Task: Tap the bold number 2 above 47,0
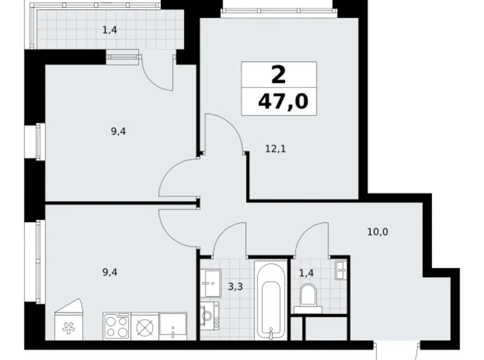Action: [279, 75]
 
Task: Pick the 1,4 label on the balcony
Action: [110, 29]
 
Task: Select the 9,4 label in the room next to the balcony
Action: [118, 131]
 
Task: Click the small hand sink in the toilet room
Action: [340, 269]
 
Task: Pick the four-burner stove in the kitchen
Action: [115, 325]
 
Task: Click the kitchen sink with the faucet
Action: [172, 326]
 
